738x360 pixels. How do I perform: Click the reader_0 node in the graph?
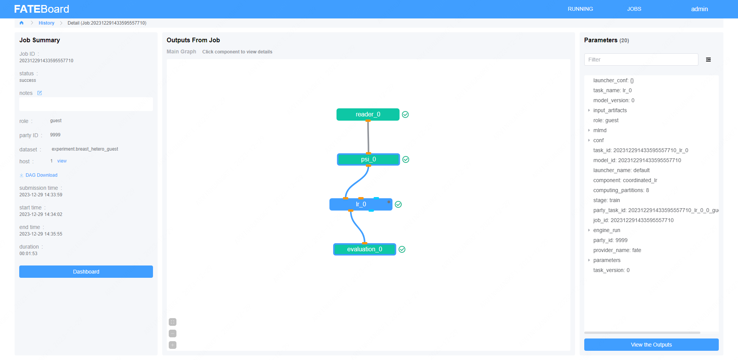click(x=368, y=114)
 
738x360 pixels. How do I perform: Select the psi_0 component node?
click(x=368, y=159)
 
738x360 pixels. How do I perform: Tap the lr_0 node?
click(x=361, y=204)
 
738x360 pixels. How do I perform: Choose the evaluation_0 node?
click(x=364, y=249)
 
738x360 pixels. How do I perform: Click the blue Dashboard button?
click(x=86, y=272)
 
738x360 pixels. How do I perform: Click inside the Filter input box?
click(x=641, y=60)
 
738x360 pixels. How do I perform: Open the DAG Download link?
click(x=41, y=175)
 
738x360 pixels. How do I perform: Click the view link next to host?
click(x=62, y=161)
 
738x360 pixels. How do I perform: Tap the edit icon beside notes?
click(x=40, y=93)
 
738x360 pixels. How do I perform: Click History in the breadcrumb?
click(x=47, y=23)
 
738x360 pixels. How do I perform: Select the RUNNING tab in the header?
click(x=580, y=9)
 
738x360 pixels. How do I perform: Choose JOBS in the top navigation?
click(x=634, y=9)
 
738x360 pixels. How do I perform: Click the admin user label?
click(x=699, y=9)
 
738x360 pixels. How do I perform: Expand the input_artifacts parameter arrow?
click(x=589, y=110)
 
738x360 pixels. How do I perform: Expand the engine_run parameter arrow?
click(x=589, y=230)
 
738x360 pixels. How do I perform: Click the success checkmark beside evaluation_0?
click(x=402, y=249)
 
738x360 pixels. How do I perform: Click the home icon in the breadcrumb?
click(x=22, y=23)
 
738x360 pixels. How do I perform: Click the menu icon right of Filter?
click(x=708, y=60)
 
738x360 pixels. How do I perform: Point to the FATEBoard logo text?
click(x=42, y=9)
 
